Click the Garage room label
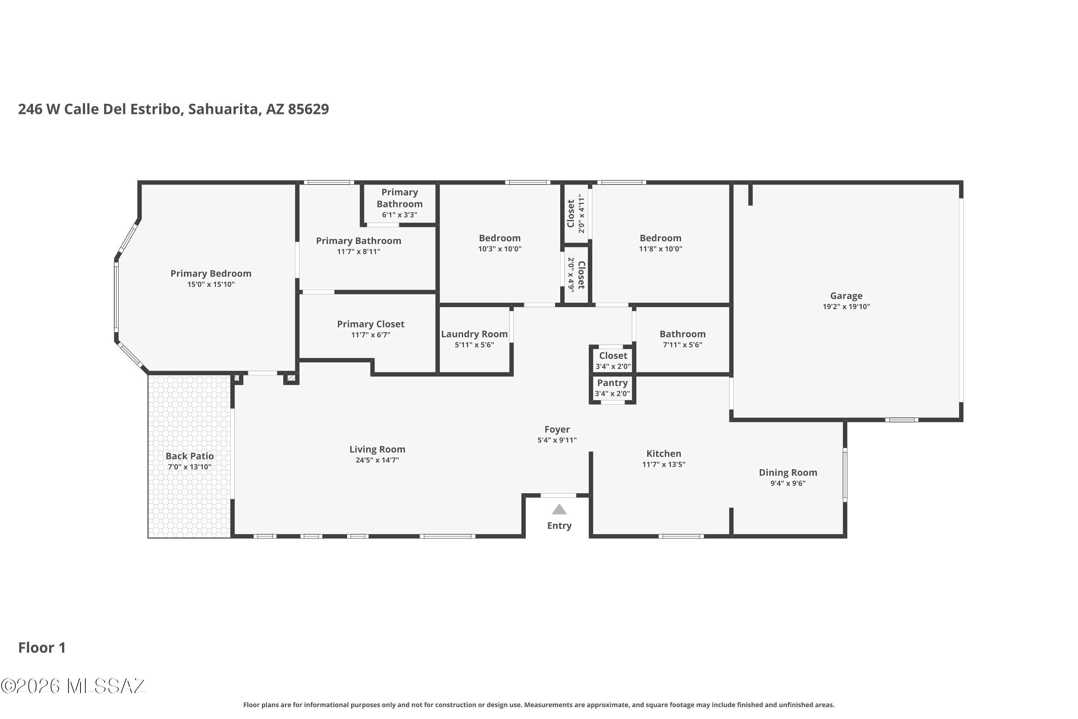(x=846, y=296)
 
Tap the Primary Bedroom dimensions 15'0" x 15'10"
(x=211, y=284)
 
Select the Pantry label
(x=612, y=383)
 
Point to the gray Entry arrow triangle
(x=559, y=509)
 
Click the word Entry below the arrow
(x=559, y=526)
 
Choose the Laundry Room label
(x=474, y=334)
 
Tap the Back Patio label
(x=190, y=456)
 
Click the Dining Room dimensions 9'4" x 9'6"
(x=788, y=483)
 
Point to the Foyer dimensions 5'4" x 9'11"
(x=557, y=440)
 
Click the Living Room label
(x=377, y=449)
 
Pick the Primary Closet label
(x=371, y=324)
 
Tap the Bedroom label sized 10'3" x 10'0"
(x=499, y=238)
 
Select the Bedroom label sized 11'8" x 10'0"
(x=660, y=238)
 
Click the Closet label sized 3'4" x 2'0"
(x=613, y=356)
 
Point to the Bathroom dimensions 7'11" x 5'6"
(x=682, y=345)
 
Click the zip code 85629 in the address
(x=308, y=109)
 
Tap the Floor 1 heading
(x=42, y=647)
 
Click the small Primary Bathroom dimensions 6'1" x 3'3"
(x=400, y=215)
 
